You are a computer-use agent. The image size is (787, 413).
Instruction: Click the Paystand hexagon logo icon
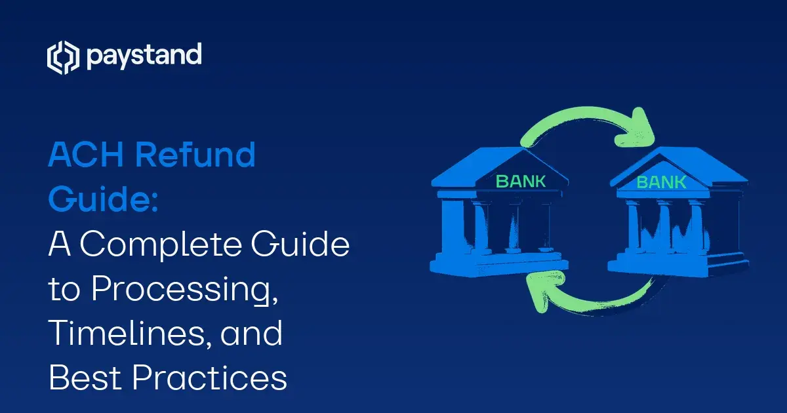click(x=62, y=58)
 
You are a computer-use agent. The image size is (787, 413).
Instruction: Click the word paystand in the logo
click(x=143, y=56)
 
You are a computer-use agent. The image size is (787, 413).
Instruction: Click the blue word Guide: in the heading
click(x=104, y=200)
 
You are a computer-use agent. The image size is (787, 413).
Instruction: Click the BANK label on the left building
click(x=521, y=181)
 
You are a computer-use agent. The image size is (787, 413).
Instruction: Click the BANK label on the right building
click(x=660, y=181)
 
